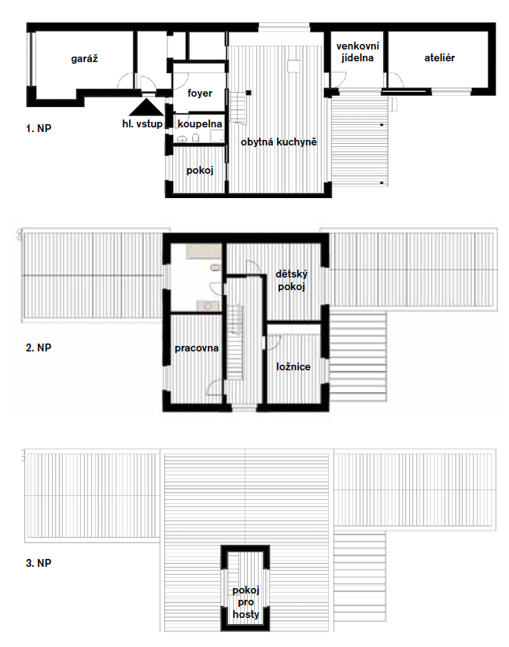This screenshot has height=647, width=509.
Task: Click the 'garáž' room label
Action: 84,59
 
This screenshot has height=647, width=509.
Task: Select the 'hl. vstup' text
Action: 142,123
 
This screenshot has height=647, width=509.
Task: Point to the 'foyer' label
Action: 200,94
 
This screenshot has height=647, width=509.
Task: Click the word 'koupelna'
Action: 200,123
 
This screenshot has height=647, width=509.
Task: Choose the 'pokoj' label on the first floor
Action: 200,171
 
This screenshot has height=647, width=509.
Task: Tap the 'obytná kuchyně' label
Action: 278,142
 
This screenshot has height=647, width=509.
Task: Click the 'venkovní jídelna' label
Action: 357,52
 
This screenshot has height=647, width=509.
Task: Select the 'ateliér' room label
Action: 439,58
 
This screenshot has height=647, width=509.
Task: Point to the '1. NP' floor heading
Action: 39,128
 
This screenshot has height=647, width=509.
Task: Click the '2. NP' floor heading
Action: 39,347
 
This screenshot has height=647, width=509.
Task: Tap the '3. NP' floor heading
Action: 39,563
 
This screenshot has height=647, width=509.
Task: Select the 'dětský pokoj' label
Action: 291,281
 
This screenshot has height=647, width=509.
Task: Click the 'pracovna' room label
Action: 197,348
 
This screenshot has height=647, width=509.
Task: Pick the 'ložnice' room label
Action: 293,367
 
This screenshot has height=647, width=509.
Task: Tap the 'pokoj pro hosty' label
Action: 245,602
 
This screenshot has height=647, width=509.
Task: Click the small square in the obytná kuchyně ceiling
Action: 293,67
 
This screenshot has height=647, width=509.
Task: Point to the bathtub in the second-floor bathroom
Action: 204,251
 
